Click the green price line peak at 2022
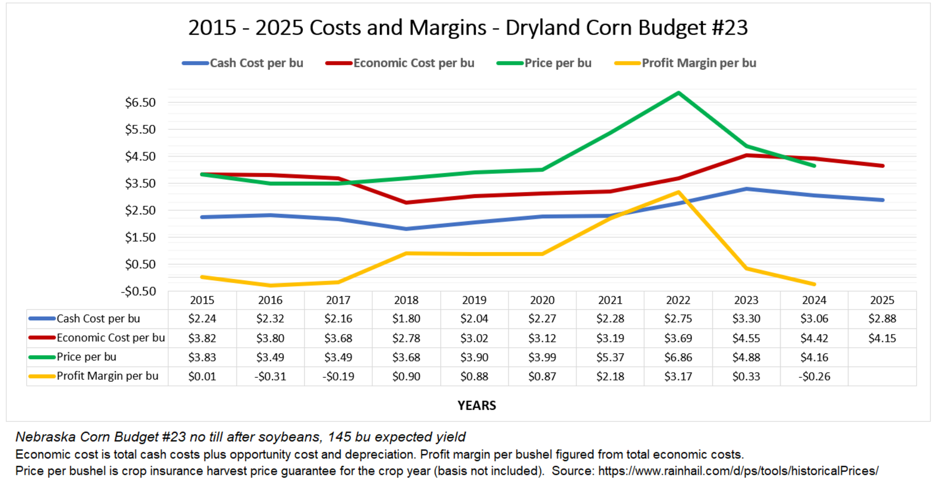[x=678, y=93]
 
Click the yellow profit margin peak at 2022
[x=678, y=192]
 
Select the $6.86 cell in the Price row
[x=678, y=357]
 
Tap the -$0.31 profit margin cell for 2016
[x=270, y=376]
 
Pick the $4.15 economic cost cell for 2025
[x=882, y=338]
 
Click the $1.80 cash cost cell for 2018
[x=406, y=319]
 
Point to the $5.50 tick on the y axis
[x=140, y=130]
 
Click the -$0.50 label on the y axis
[x=138, y=291]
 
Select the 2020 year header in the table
[x=542, y=300]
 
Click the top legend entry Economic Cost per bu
[x=413, y=63]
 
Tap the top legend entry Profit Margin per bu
[x=699, y=63]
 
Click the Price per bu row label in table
[x=86, y=357]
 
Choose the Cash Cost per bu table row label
[x=98, y=319]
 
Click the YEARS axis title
[x=476, y=405]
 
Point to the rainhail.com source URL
[x=738, y=471]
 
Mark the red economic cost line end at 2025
[x=882, y=166]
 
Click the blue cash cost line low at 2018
[x=406, y=229]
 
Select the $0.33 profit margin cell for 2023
[x=746, y=376]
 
